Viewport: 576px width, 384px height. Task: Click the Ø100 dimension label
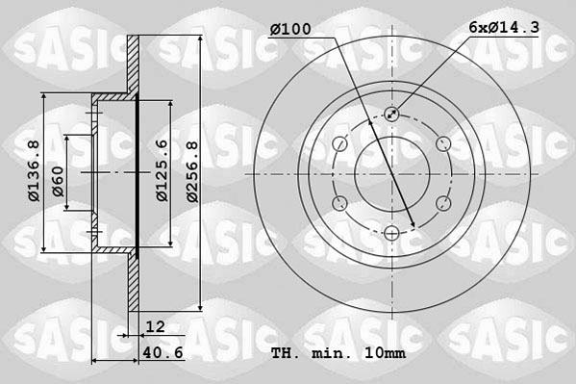coord(290,30)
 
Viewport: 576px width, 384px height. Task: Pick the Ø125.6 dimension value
coord(163,170)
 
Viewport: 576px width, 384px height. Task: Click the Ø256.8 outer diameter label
coord(192,170)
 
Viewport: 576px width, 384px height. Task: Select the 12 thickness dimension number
coord(155,327)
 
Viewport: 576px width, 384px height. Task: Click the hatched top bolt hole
coord(390,115)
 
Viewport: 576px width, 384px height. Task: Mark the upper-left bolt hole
coord(339,143)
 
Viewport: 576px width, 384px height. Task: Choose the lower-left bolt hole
coord(339,203)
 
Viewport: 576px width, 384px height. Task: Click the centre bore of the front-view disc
coord(390,173)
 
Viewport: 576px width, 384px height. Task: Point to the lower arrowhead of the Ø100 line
coord(413,226)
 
